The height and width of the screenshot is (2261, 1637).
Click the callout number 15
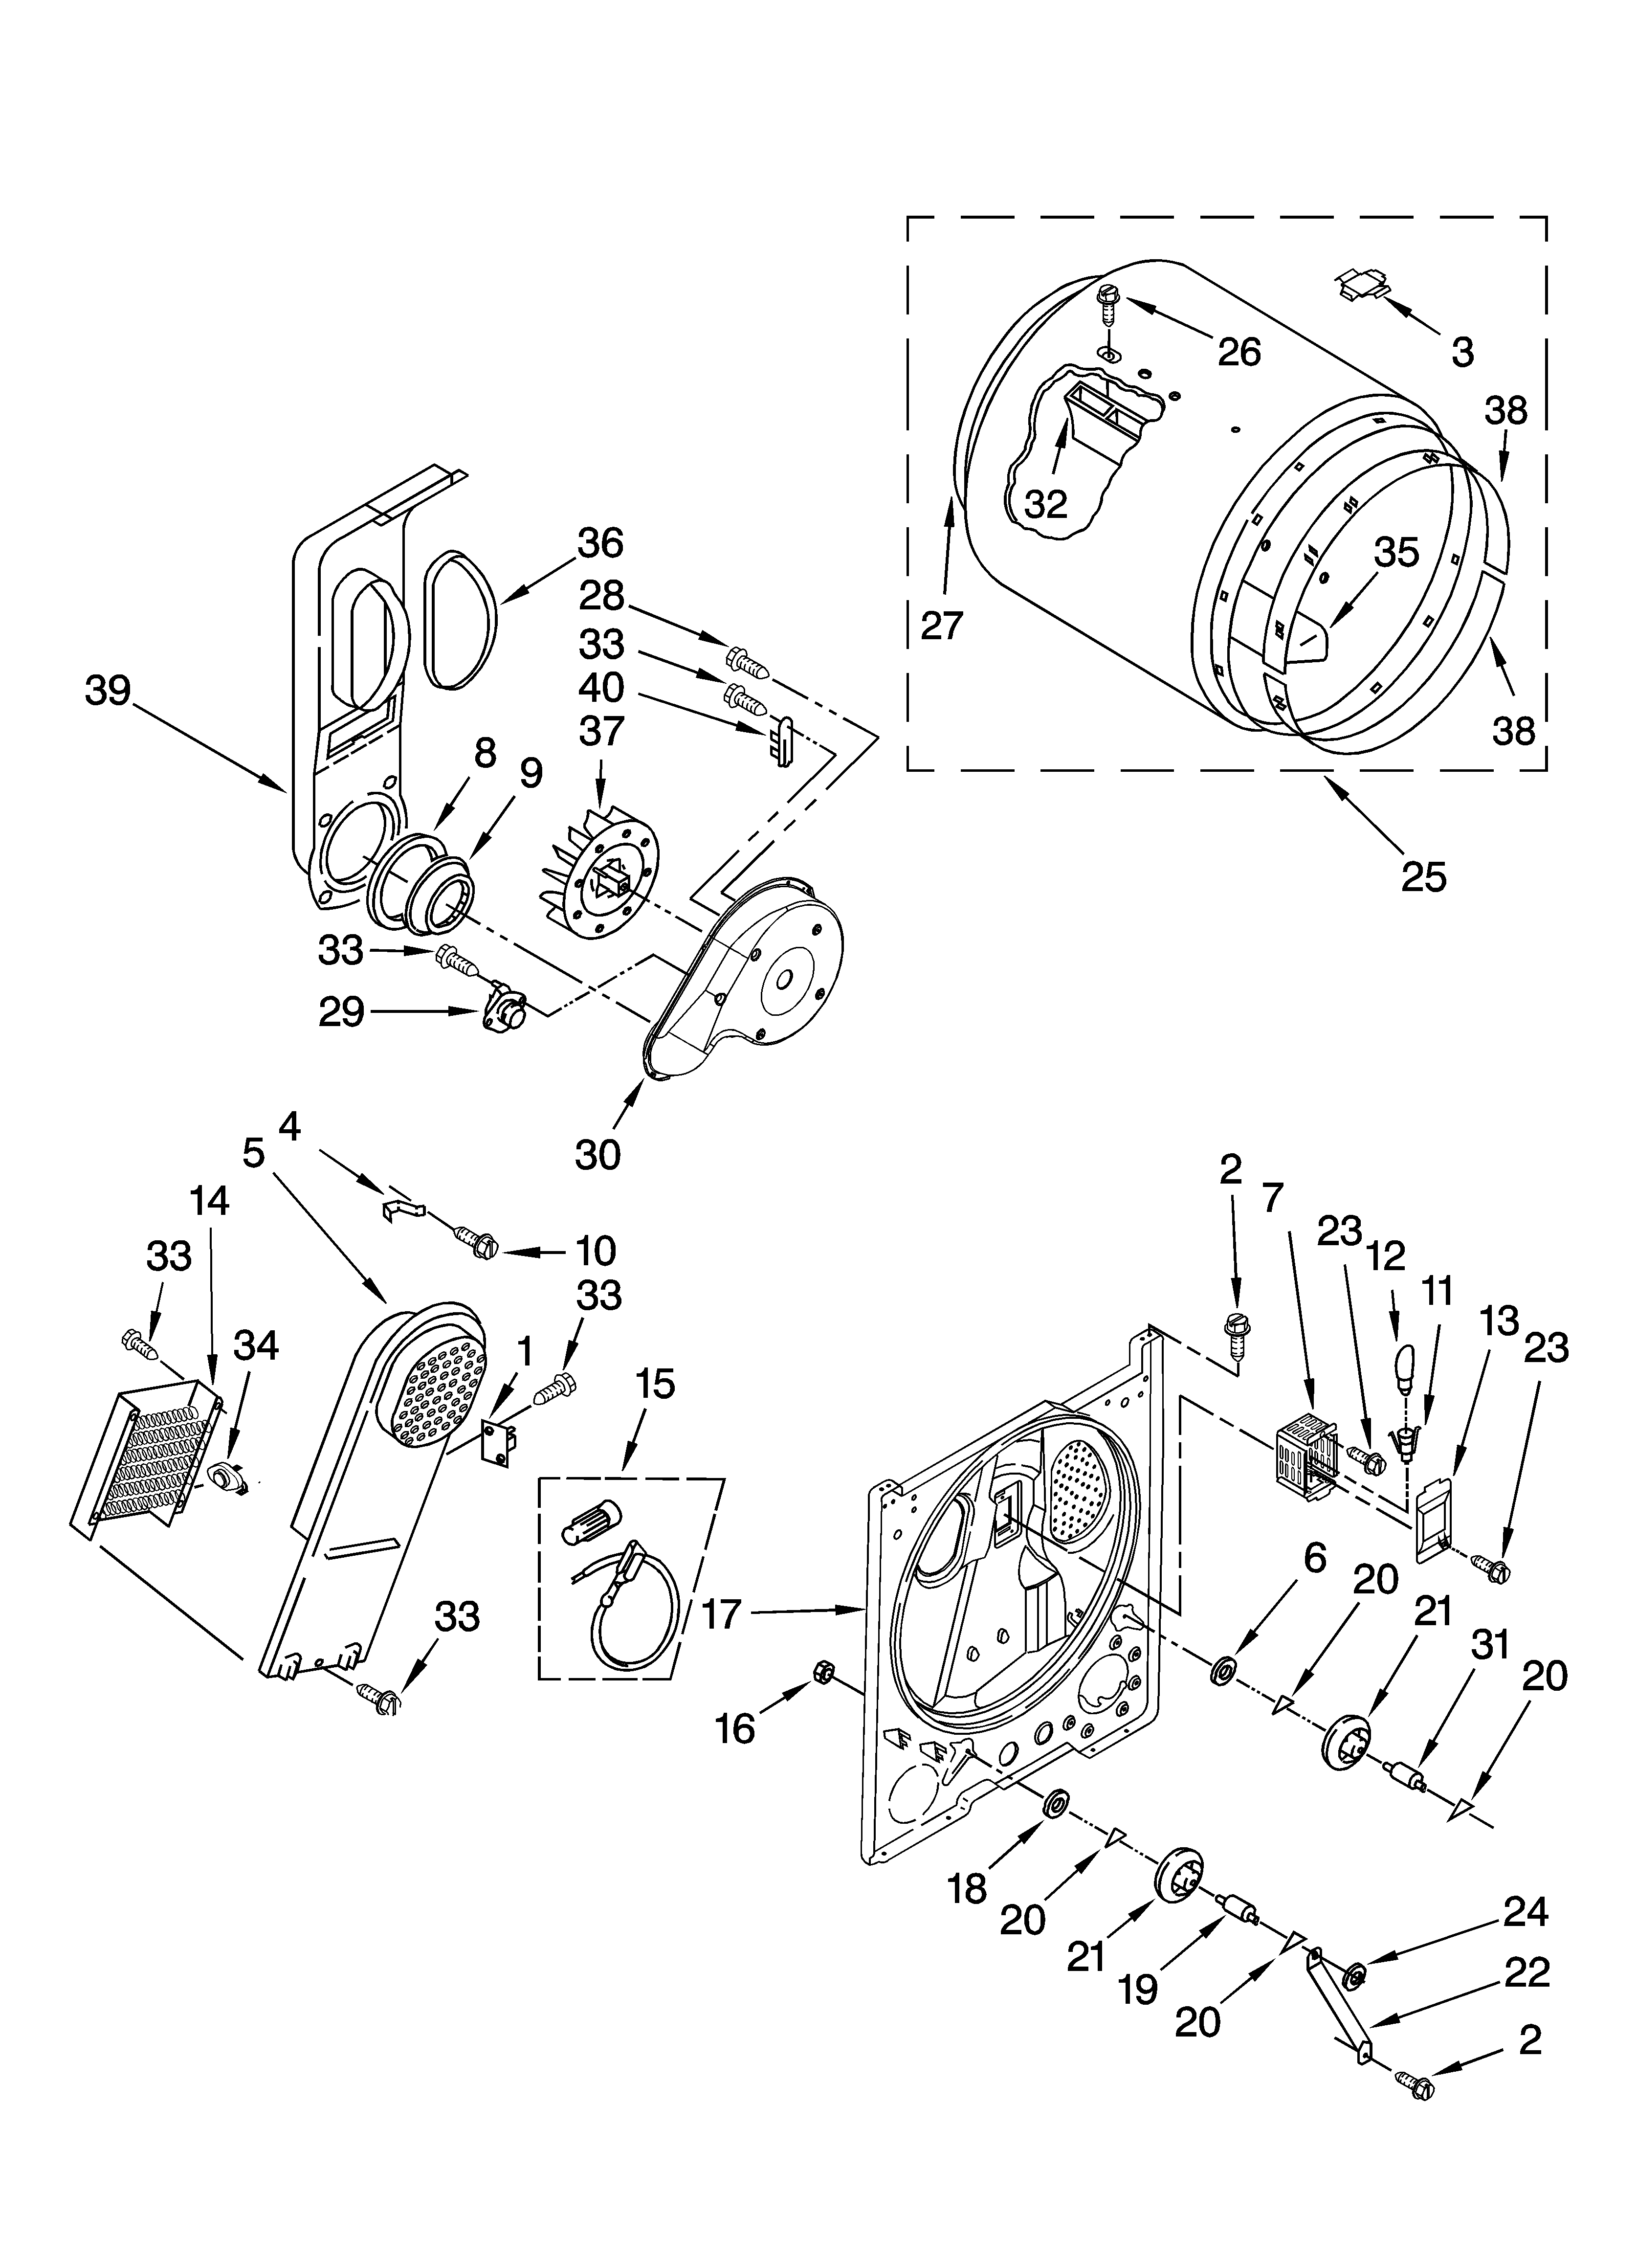pos(653,1384)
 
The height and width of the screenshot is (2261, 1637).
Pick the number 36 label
pos(600,543)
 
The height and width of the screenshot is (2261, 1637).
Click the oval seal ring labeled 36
pos(462,618)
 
